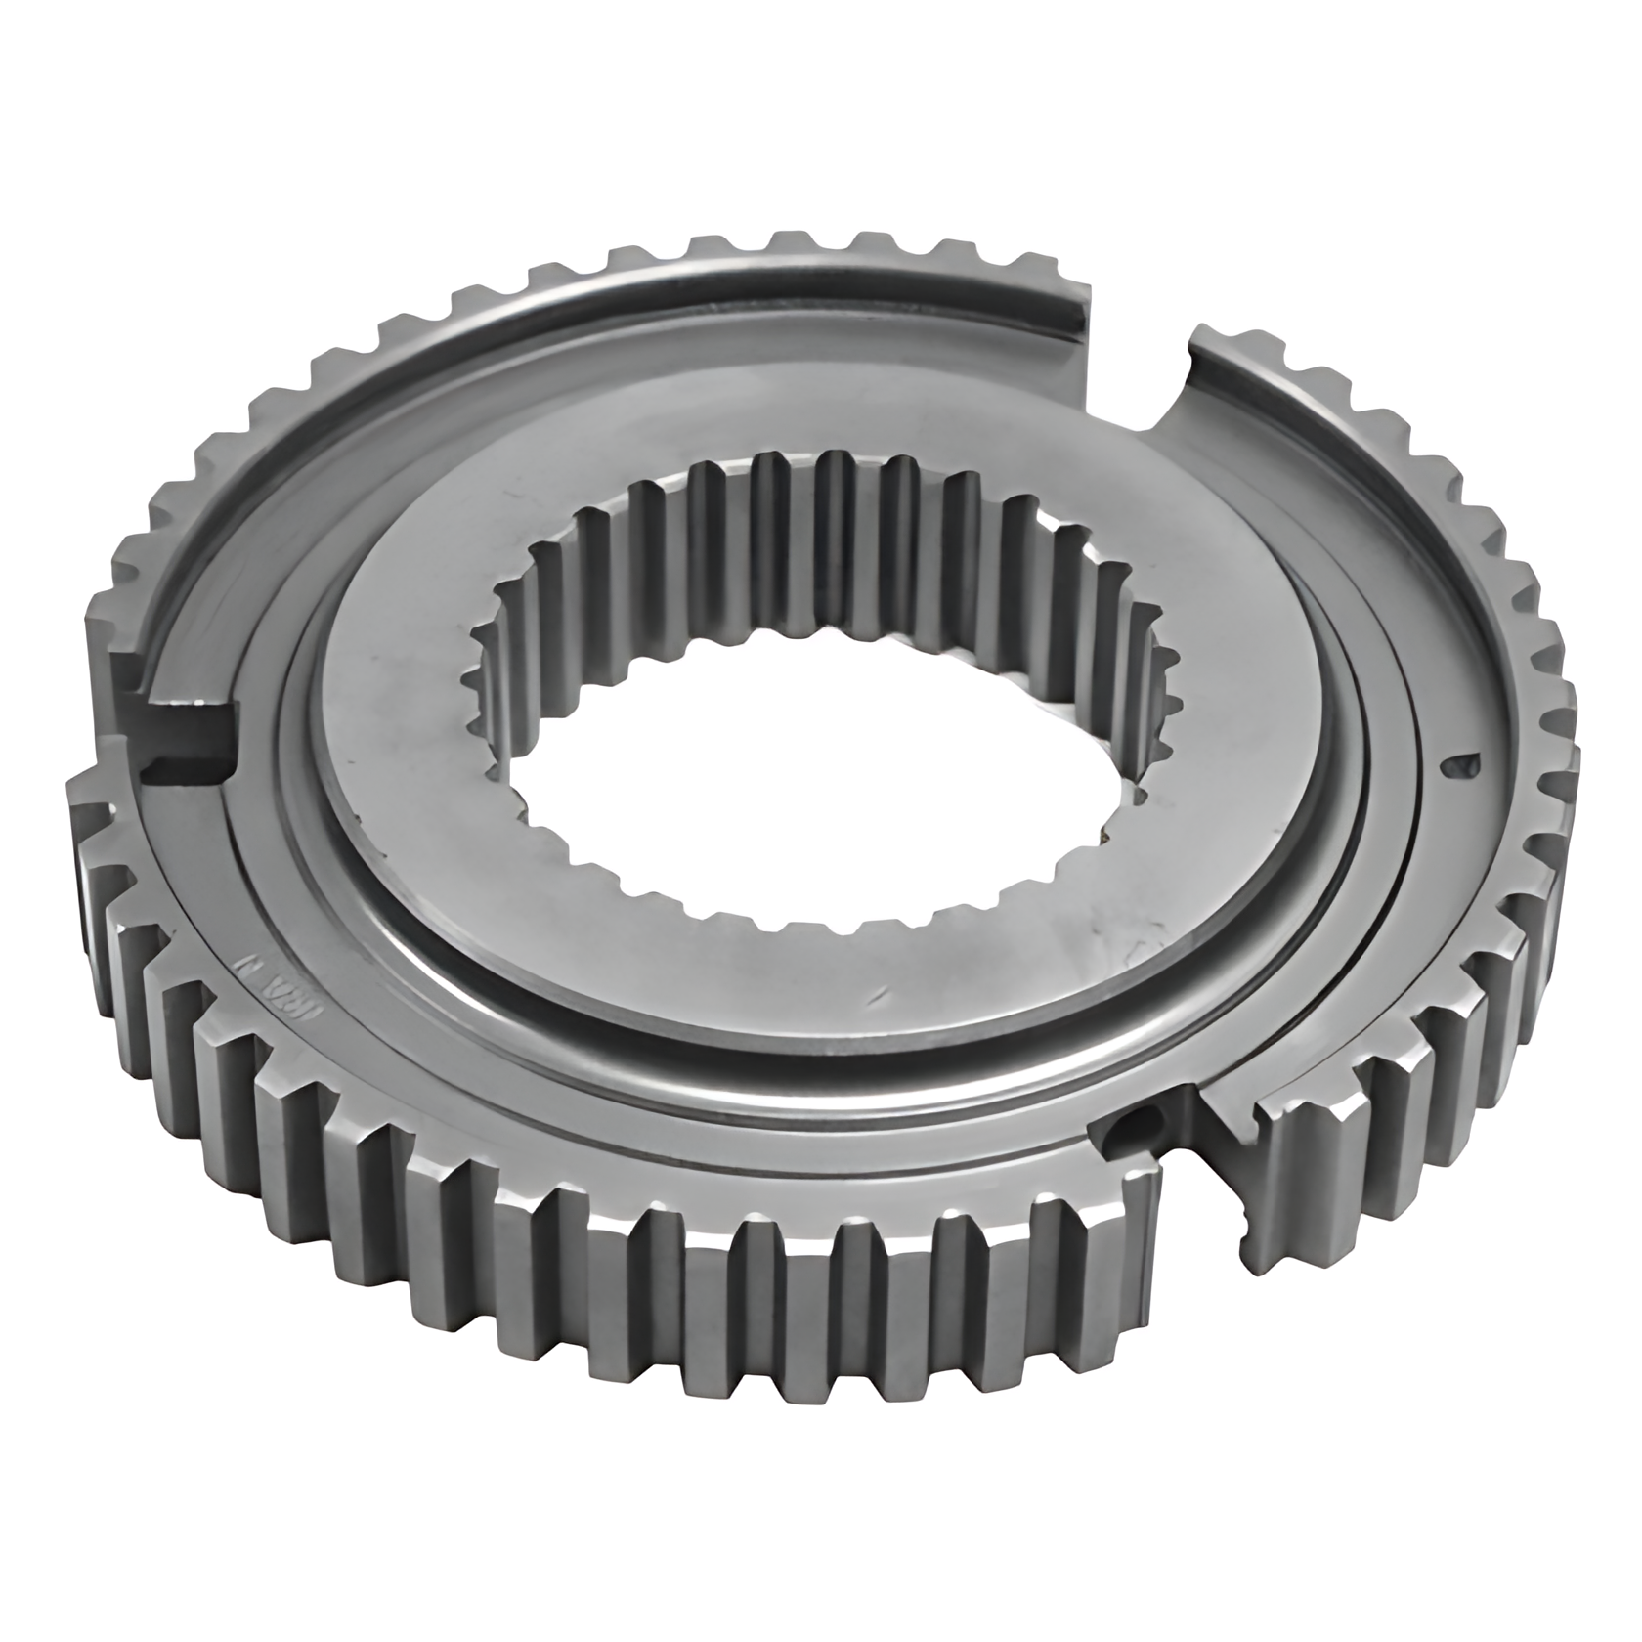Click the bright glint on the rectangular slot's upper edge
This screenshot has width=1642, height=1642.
(x=186, y=702)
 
